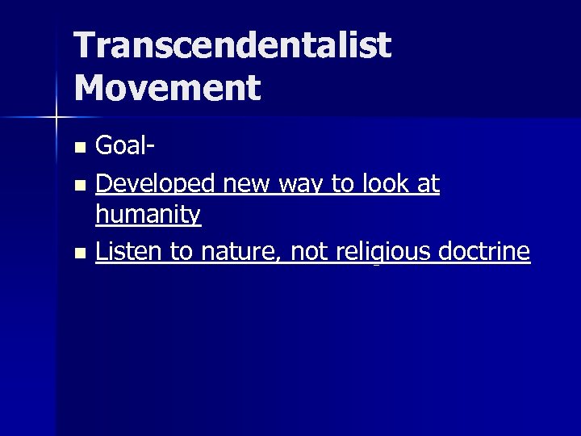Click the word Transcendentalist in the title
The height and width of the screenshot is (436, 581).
click(233, 47)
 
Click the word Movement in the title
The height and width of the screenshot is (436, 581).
click(168, 87)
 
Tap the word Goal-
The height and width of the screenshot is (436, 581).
click(125, 146)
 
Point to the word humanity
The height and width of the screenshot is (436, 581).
click(148, 215)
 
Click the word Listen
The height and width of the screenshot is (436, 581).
click(129, 253)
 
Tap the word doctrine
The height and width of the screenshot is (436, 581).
click(485, 253)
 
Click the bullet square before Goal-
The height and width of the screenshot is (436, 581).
click(78, 148)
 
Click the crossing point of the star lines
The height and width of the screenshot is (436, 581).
click(56, 118)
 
